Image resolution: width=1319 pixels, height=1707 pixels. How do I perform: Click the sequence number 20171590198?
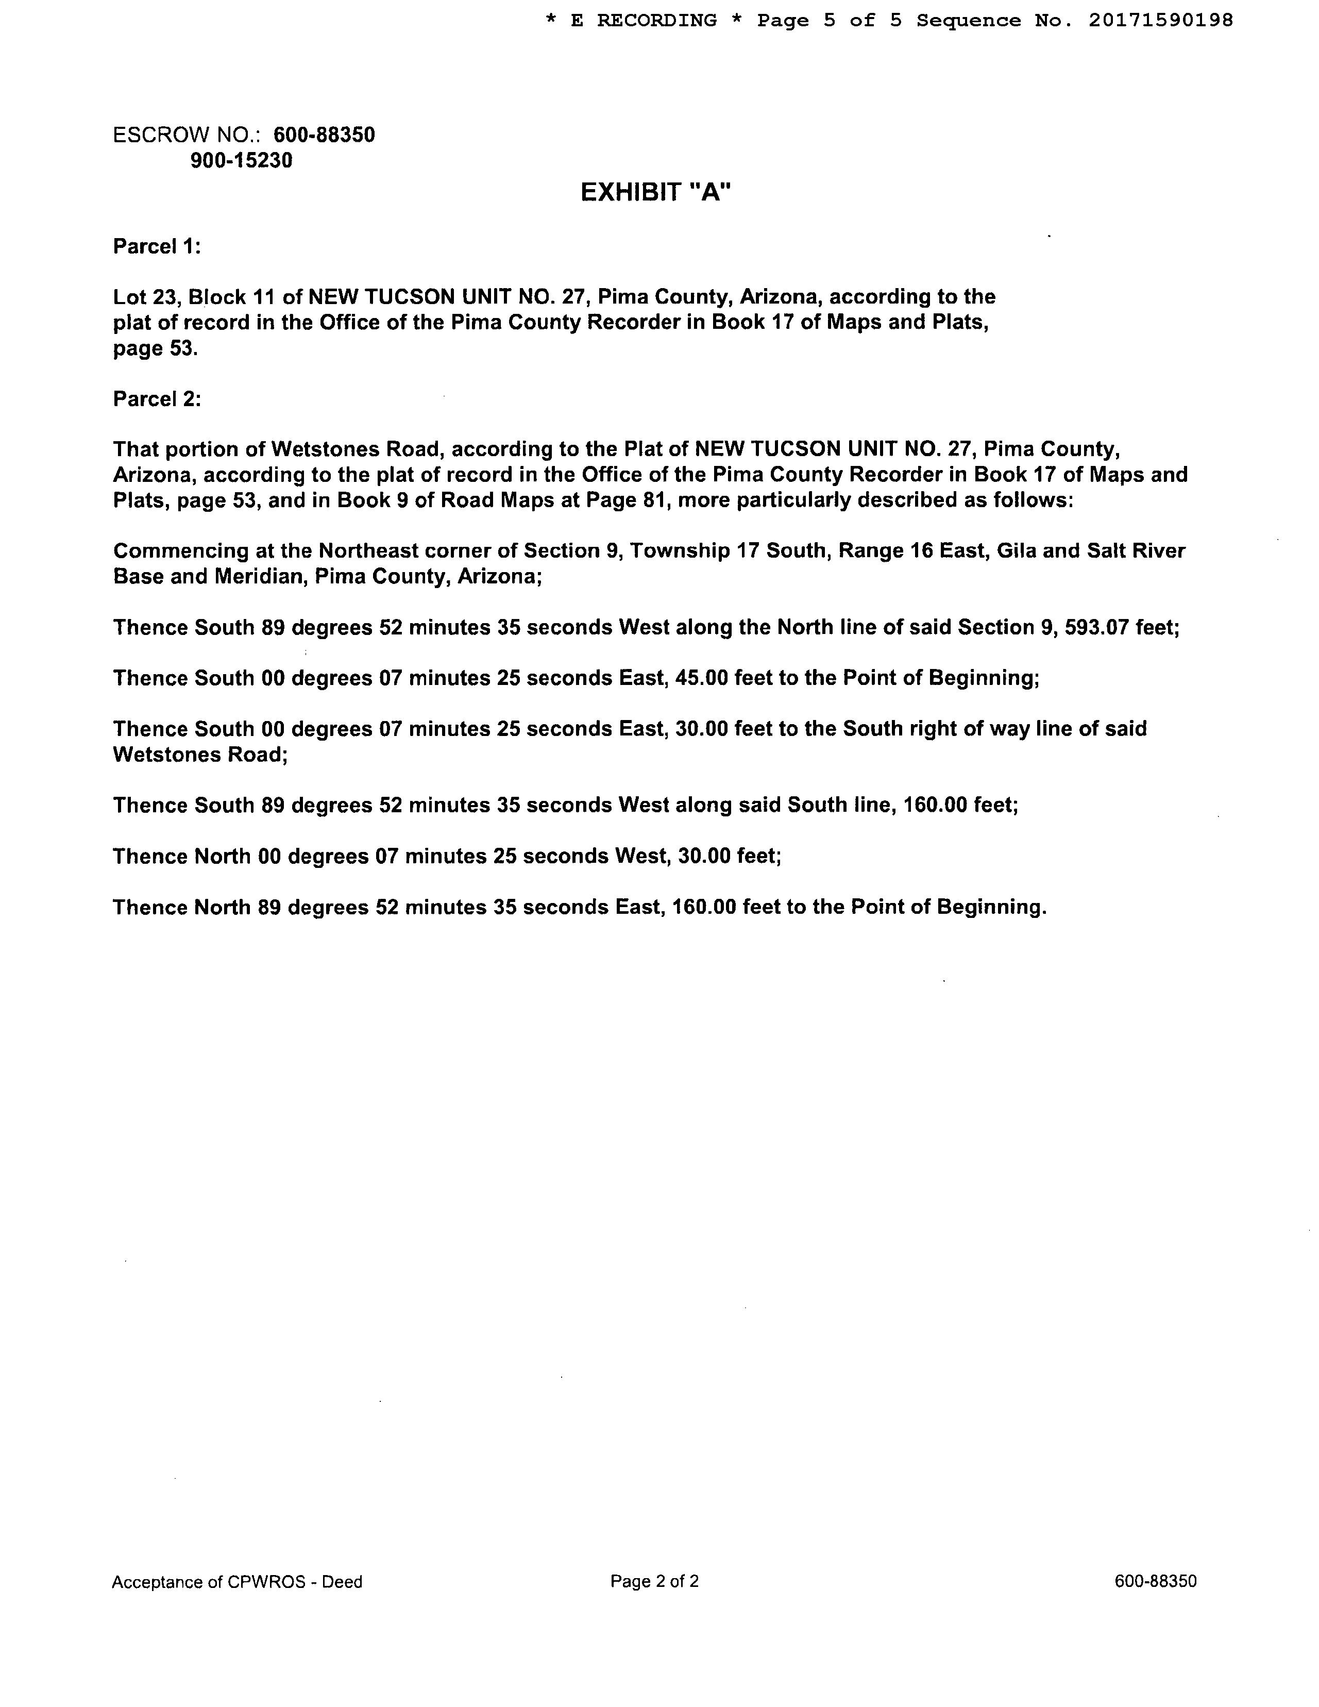1160,20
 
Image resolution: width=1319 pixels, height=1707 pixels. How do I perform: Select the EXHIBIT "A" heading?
655,192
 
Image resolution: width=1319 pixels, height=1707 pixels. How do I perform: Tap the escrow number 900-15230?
242,161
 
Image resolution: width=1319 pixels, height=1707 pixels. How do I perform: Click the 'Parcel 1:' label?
157,247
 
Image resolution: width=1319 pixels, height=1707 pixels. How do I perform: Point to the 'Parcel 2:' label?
157,399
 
